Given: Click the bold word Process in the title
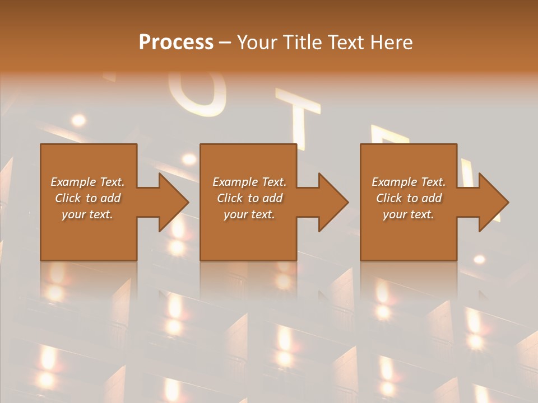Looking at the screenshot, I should coord(176,43).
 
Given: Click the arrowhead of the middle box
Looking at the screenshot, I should coord(333,202).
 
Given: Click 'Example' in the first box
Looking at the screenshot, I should coord(73,182).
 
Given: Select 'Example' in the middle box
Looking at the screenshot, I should coord(235,182).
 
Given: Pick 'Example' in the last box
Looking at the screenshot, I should coord(394,182).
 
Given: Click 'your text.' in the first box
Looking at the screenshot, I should coord(87,214).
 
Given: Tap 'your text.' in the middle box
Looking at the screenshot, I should coord(249,214).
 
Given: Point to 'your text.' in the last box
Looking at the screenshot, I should coord(408,214).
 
